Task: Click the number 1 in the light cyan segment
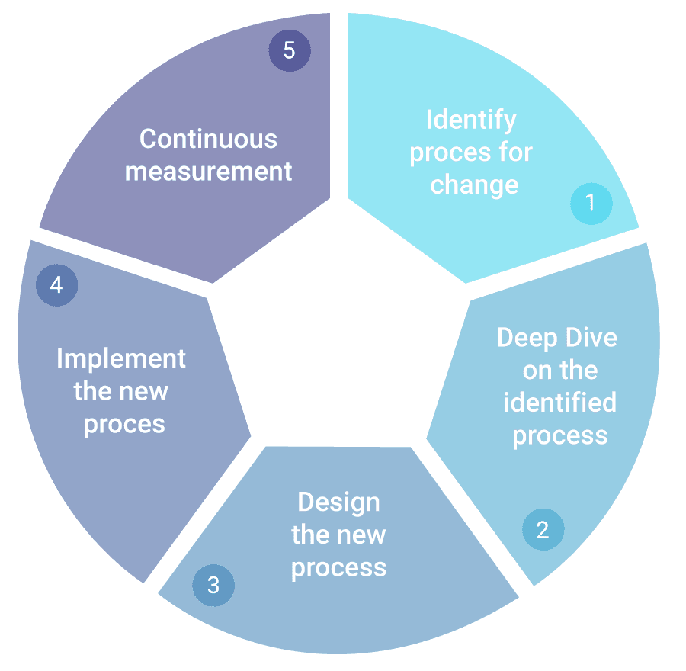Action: (590, 203)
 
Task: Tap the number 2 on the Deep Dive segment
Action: (543, 530)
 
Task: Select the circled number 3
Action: (213, 586)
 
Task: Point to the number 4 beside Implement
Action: (56, 285)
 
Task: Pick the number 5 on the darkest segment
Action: (289, 52)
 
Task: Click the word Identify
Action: (471, 120)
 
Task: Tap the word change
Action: (474, 185)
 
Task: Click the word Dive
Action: (591, 338)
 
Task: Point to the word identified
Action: (560, 402)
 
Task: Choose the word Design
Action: (338, 502)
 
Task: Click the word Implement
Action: (121, 358)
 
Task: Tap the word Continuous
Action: (208, 139)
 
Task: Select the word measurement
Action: (208, 172)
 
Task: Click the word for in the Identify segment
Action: (511, 152)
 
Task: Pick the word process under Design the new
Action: (338, 568)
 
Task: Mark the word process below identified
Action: (560, 435)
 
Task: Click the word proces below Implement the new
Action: (124, 424)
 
